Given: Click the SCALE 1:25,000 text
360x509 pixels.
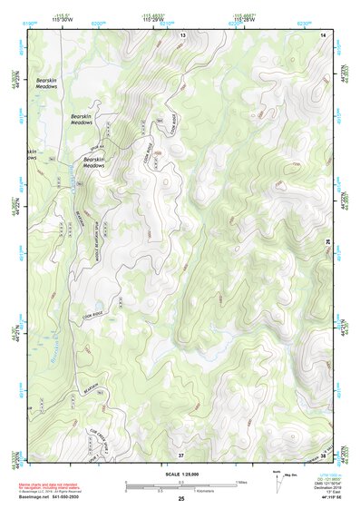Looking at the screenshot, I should tap(180, 475).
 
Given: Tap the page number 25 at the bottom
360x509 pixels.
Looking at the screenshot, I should tap(180, 499).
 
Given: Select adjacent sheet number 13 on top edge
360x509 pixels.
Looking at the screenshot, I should tap(182, 34).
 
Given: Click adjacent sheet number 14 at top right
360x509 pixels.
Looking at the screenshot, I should tap(323, 34).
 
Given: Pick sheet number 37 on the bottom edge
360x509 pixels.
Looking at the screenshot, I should tap(180, 454).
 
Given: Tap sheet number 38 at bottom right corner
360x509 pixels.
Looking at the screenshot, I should tap(324, 454).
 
